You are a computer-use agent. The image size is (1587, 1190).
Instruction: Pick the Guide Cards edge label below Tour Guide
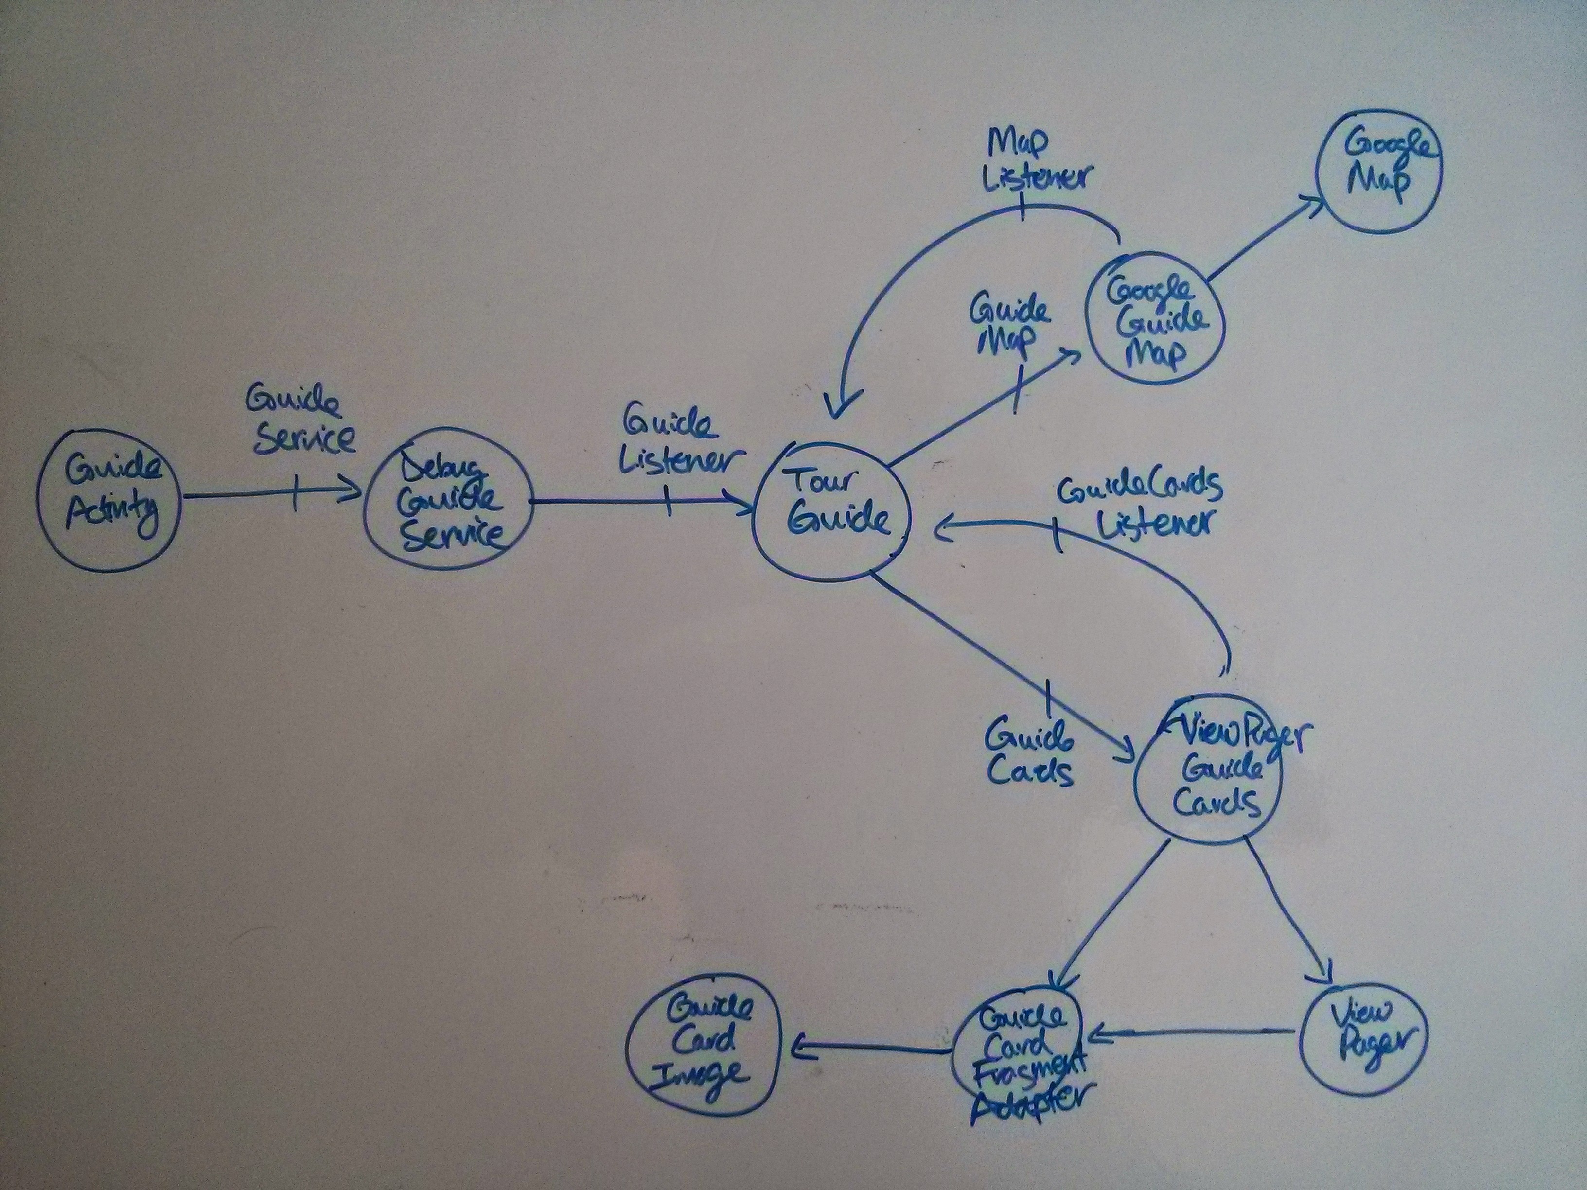(x=1029, y=752)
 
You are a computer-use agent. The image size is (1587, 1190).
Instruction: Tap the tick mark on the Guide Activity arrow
(x=294, y=494)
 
